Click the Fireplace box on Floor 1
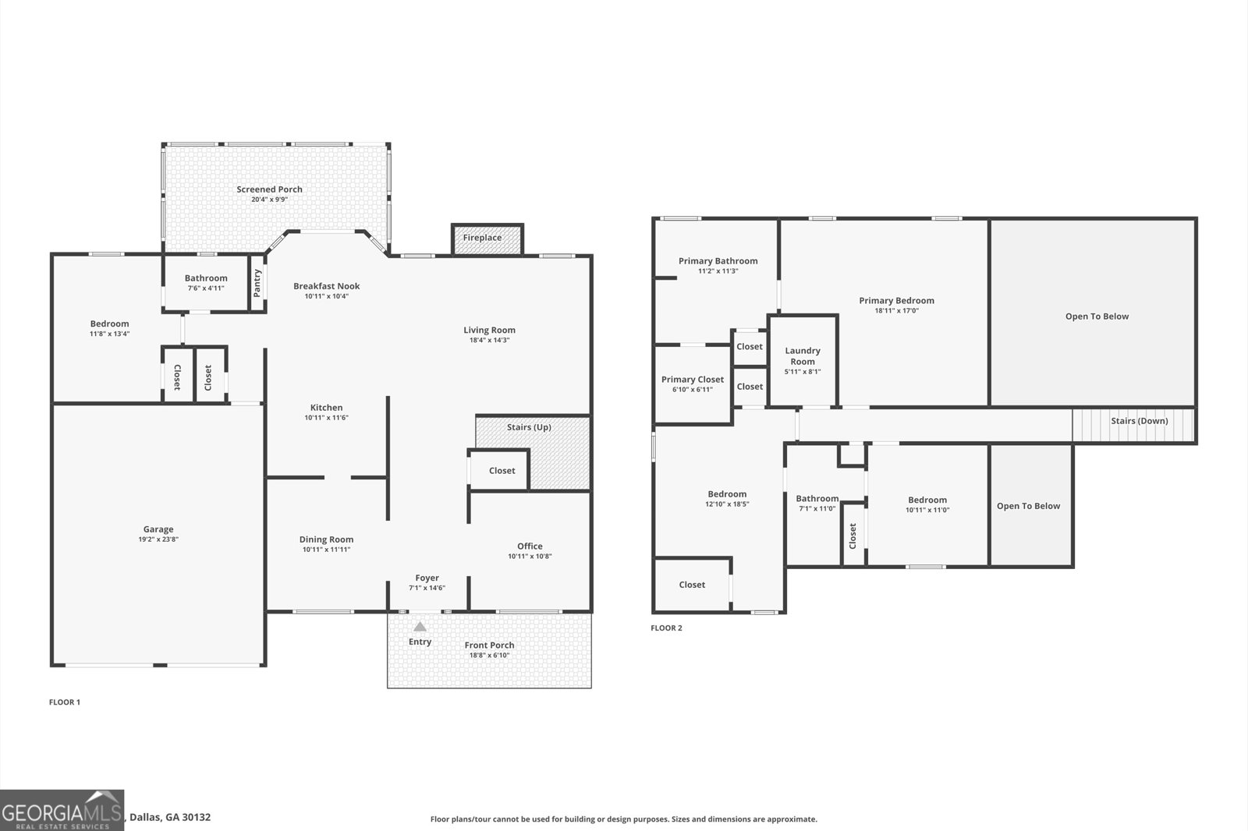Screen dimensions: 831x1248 coord(483,238)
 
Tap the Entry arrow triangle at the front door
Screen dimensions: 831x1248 coord(420,626)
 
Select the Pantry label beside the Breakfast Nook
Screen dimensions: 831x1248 coord(257,283)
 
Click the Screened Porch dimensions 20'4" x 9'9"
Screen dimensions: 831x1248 coord(269,200)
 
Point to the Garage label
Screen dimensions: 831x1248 coord(158,529)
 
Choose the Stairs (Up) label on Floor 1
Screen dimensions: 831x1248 coord(529,427)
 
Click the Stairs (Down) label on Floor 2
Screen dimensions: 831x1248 coord(1139,421)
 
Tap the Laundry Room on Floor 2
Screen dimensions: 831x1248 coord(803,356)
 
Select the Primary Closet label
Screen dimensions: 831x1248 coord(693,380)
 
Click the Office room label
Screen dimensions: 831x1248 coord(530,546)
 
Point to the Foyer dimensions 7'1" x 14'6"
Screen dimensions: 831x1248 coord(427,588)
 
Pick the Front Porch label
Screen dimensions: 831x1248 coord(489,645)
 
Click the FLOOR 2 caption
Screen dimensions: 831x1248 coord(666,628)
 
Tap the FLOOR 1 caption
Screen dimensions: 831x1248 coord(65,702)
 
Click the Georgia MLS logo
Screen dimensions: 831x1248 coord(62,810)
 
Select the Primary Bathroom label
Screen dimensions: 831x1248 coord(718,261)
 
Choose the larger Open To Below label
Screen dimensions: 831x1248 coord(1097,316)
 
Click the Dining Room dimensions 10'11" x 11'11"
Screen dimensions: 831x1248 coord(326,550)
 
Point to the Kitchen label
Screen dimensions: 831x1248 coord(326,407)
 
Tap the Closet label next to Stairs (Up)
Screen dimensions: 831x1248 coord(502,471)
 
